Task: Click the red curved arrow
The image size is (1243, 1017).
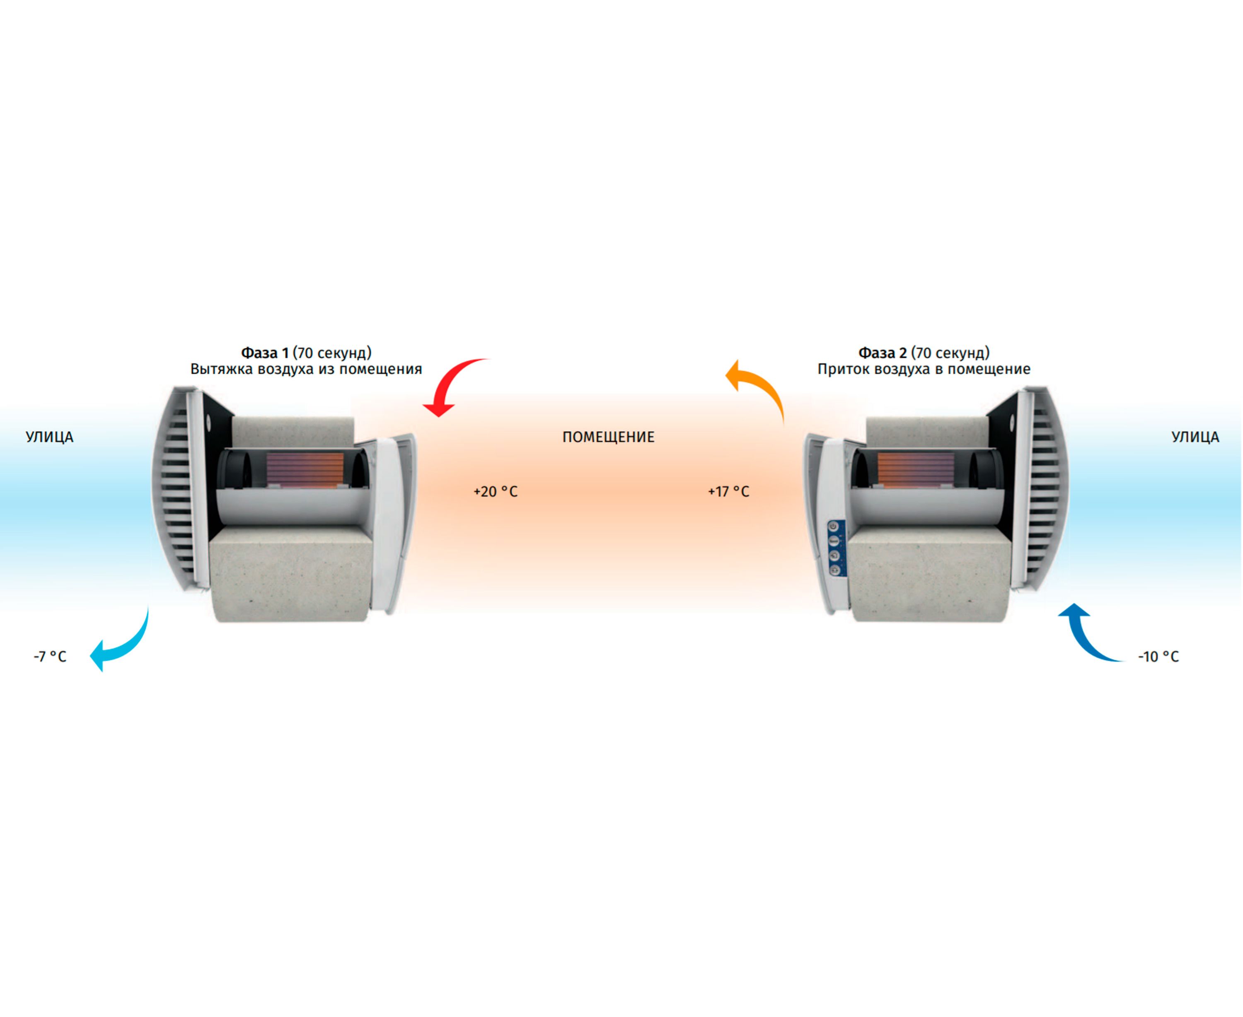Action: pos(451,384)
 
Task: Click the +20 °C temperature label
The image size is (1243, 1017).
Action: pos(495,491)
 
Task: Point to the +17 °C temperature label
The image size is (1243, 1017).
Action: pos(728,491)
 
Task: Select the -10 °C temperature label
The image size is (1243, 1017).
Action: pos(1158,657)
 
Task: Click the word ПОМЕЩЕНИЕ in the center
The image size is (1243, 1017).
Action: pos(608,437)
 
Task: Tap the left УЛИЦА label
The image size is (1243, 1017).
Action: pos(50,437)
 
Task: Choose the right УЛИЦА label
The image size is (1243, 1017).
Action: pos(1195,437)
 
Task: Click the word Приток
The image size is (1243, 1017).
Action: pos(843,369)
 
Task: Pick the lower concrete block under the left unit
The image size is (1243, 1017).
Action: pos(291,574)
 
